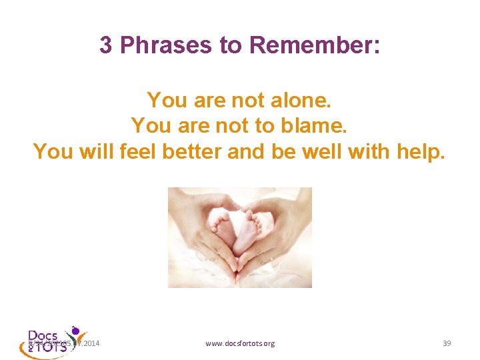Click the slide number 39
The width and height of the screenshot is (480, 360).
click(x=447, y=343)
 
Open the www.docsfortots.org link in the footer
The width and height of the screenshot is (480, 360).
click(x=239, y=343)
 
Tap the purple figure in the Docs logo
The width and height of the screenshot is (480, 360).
click(x=77, y=331)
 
